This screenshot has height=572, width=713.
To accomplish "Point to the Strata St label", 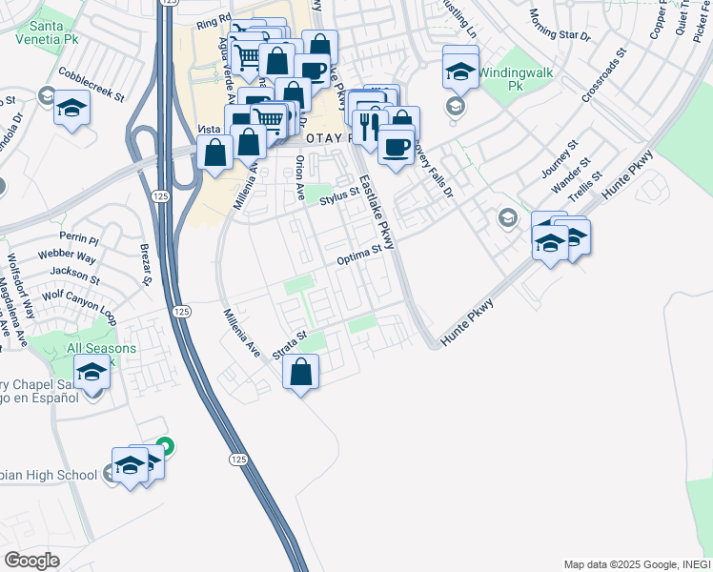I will [289, 345].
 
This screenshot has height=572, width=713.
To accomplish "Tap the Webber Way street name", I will [67, 257].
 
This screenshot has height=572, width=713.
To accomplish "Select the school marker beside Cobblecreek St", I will [71, 107].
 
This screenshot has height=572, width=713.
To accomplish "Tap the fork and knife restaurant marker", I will [367, 125].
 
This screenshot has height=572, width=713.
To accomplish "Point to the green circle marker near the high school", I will [165, 444].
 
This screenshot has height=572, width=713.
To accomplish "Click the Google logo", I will [31, 561].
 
